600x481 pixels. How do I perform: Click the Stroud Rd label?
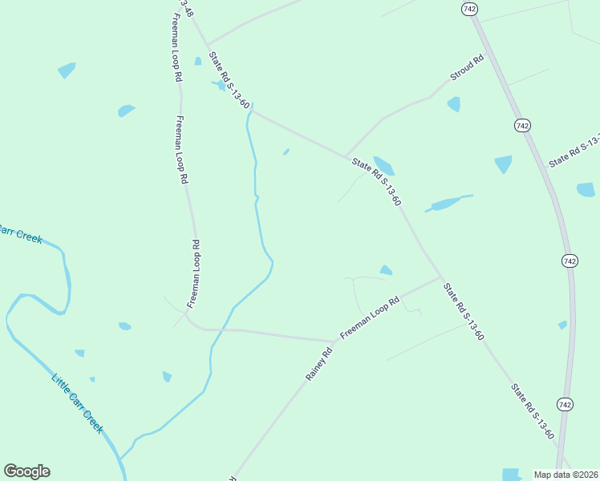(x=468, y=67)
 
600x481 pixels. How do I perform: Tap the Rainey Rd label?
(x=318, y=364)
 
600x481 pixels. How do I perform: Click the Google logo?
(x=26, y=471)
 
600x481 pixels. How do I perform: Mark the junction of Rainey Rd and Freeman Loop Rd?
(x=335, y=342)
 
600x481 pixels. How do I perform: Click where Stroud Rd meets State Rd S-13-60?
(x=345, y=156)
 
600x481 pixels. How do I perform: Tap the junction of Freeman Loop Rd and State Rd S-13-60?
(x=440, y=278)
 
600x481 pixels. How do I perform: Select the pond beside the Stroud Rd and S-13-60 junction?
(x=384, y=166)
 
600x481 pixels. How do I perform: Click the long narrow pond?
(x=448, y=203)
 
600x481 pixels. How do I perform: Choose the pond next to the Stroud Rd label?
(x=454, y=104)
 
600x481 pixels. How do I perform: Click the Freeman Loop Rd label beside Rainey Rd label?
(x=369, y=317)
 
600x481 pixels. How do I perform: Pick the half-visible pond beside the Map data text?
(x=511, y=474)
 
